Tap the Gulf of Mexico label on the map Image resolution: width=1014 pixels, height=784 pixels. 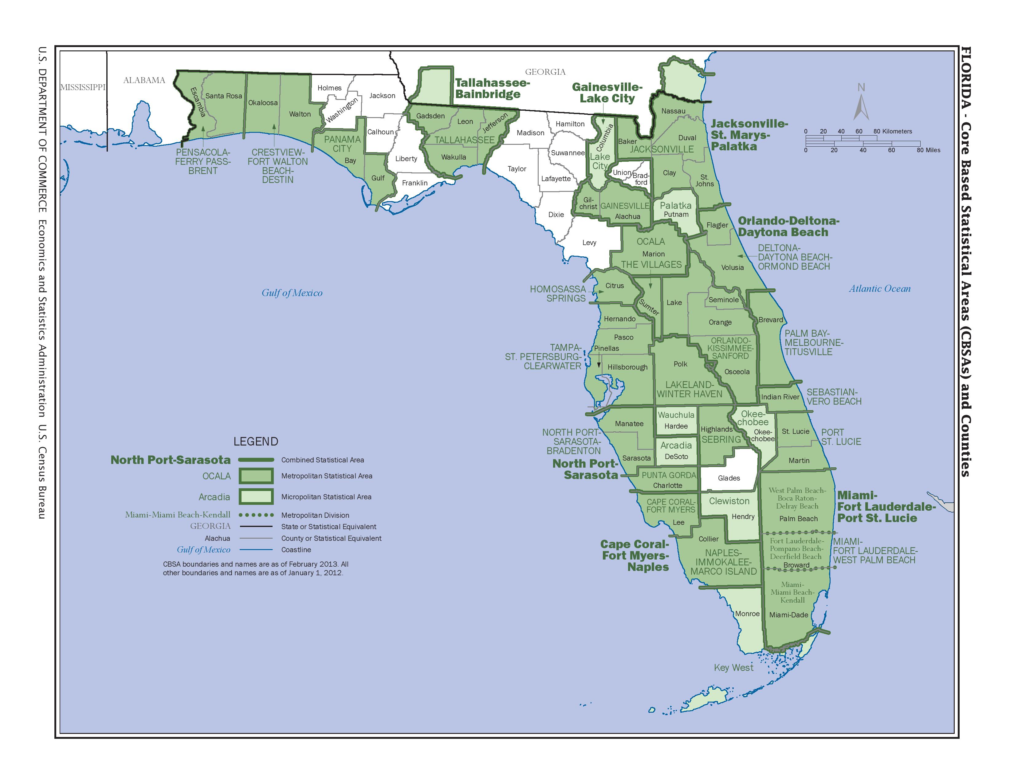(x=292, y=293)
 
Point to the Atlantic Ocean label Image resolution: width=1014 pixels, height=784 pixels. (x=880, y=288)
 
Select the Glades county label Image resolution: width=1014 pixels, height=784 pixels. (x=729, y=478)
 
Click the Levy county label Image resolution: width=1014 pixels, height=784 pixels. (x=589, y=243)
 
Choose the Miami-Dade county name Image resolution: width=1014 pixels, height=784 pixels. (x=788, y=615)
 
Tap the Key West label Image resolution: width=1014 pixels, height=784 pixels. (x=733, y=667)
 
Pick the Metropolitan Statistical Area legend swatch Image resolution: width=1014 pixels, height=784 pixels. (x=256, y=476)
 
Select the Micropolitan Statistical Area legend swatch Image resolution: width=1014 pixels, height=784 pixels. (x=256, y=497)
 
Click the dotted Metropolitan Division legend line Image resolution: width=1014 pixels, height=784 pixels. (x=256, y=515)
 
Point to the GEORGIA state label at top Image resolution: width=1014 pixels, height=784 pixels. (x=545, y=72)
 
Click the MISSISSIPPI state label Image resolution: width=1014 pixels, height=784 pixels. (x=83, y=87)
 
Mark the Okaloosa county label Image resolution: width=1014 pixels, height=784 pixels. (x=263, y=103)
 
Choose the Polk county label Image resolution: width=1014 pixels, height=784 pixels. (x=680, y=364)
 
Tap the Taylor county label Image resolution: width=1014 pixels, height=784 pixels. (x=517, y=168)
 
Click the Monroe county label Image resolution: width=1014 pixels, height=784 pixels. (x=747, y=614)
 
